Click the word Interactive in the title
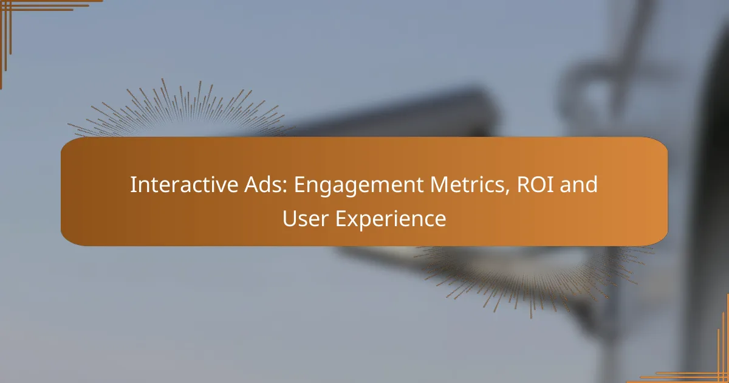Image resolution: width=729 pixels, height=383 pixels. click(x=184, y=184)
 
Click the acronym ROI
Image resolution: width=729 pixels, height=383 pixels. click(x=535, y=184)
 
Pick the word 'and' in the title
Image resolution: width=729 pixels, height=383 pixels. click(x=578, y=184)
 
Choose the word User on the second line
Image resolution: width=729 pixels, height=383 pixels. click(x=305, y=218)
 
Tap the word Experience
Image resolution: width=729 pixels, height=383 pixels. click(x=391, y=220)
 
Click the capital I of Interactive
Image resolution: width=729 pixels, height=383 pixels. click(x=133, y=185)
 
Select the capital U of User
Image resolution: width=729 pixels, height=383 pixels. click(x=289, y=218)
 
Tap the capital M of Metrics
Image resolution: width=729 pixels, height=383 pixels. click(x=439, y=185)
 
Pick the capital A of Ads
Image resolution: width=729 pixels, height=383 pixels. click(x=252, y=185)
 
